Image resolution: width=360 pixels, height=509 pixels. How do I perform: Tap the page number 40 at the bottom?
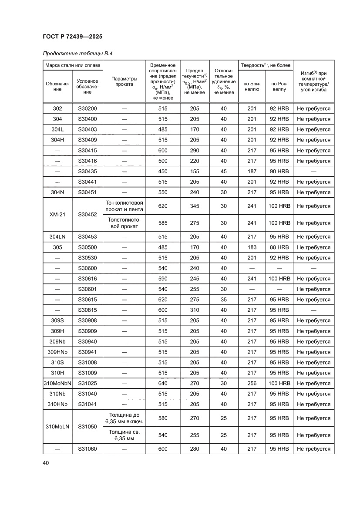coord(46,463)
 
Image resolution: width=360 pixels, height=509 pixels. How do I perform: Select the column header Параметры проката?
coord(124,81)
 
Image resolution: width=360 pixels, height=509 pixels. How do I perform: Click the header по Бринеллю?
coord(252,86)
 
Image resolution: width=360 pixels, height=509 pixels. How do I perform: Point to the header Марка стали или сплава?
coord(73,65)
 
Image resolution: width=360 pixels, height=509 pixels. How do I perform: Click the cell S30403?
coord(87,129)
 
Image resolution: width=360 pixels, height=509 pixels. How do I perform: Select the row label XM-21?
coord(57,214)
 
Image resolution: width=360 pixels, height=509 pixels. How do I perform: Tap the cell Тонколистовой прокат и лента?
coord(124,206)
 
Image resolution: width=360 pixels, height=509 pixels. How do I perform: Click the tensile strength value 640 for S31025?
coord(163,383)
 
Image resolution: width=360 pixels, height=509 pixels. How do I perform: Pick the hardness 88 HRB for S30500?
coord(279,247)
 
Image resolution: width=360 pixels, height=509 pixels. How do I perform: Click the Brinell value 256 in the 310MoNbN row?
coord(252,383)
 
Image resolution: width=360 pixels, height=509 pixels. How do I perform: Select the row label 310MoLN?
coord(57,426)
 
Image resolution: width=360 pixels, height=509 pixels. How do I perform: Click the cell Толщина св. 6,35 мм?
coord(124,435)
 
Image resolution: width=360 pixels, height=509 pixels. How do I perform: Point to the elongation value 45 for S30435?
coord(223,171)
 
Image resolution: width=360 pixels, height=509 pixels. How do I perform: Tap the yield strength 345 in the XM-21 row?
coord(195,206)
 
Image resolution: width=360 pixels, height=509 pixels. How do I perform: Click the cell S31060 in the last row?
coord(87,449)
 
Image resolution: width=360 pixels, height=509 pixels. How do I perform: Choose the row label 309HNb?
coord(57,352)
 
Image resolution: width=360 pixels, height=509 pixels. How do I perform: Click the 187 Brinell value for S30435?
coord(252,171)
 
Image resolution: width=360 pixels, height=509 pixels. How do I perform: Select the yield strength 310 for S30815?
coord(195,310)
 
